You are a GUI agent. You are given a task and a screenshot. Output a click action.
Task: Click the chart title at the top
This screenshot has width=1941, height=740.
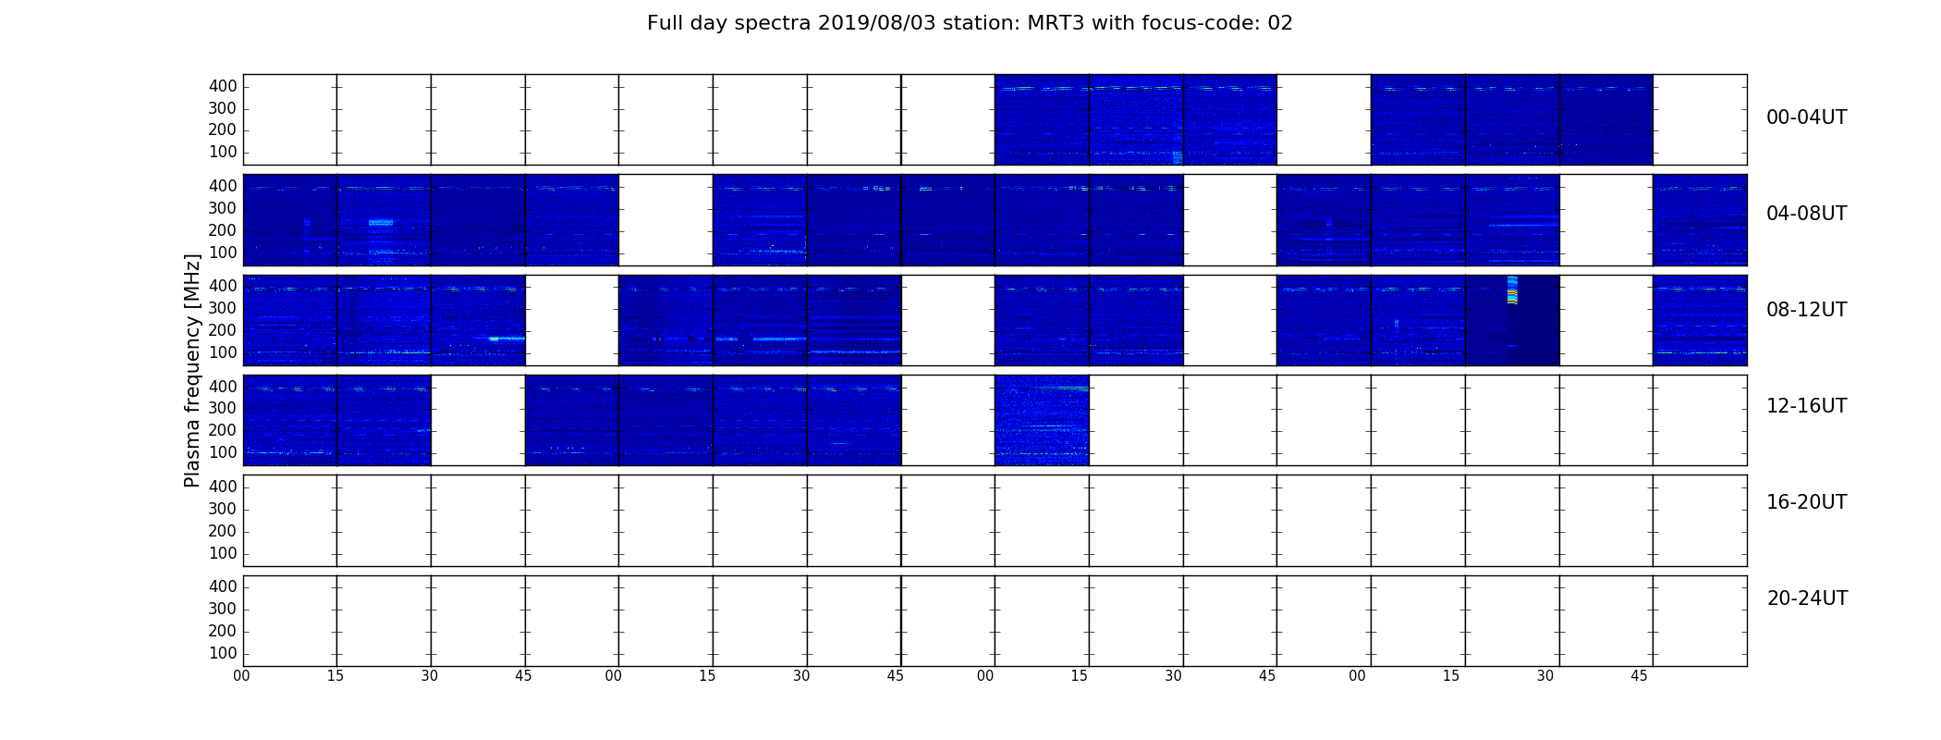tap(970, 23)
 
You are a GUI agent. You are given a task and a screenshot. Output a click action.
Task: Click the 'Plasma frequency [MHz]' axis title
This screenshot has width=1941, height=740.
tap(192, 370)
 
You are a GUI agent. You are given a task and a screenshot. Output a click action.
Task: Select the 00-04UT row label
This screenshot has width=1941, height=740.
tap(1806, 117)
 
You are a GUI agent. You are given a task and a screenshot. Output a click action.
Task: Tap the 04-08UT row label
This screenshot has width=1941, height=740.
tap(1806, 214)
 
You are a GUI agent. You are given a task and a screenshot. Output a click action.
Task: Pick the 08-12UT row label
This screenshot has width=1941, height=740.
tap(1806, 310)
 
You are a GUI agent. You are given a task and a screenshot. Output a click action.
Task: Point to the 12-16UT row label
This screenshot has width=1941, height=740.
tap(1806, 406)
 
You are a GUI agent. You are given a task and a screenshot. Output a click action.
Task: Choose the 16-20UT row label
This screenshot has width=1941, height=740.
tap(1806, 502)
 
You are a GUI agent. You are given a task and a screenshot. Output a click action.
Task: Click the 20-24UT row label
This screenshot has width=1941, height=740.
tap(1807, 598)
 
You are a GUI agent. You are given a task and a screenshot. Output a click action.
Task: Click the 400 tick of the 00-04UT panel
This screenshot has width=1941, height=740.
tap(223, 86)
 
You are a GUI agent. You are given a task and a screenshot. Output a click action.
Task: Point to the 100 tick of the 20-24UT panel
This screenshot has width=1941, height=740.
tap(223, 653)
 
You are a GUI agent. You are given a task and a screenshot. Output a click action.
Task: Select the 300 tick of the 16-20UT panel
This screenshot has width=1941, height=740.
tap(223, 509)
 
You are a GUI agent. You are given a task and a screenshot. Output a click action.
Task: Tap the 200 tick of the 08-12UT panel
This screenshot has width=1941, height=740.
tap(223, 330)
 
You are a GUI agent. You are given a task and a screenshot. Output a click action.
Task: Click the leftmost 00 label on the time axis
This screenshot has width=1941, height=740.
tap(241, 676)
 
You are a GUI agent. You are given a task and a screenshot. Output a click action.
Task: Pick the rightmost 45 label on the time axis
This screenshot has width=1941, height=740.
tap(1639, 676)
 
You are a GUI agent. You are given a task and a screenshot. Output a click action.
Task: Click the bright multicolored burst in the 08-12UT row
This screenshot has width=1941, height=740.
tap(1512, 290)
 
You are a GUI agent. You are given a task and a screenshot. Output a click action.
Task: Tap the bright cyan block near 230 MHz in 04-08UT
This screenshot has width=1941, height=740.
tap(381, 223)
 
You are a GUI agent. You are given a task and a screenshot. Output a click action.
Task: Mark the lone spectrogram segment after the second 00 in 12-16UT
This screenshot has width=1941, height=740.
tap(1042, 420)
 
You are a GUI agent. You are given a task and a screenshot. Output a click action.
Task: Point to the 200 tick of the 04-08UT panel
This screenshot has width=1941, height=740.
tap(223, 230)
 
